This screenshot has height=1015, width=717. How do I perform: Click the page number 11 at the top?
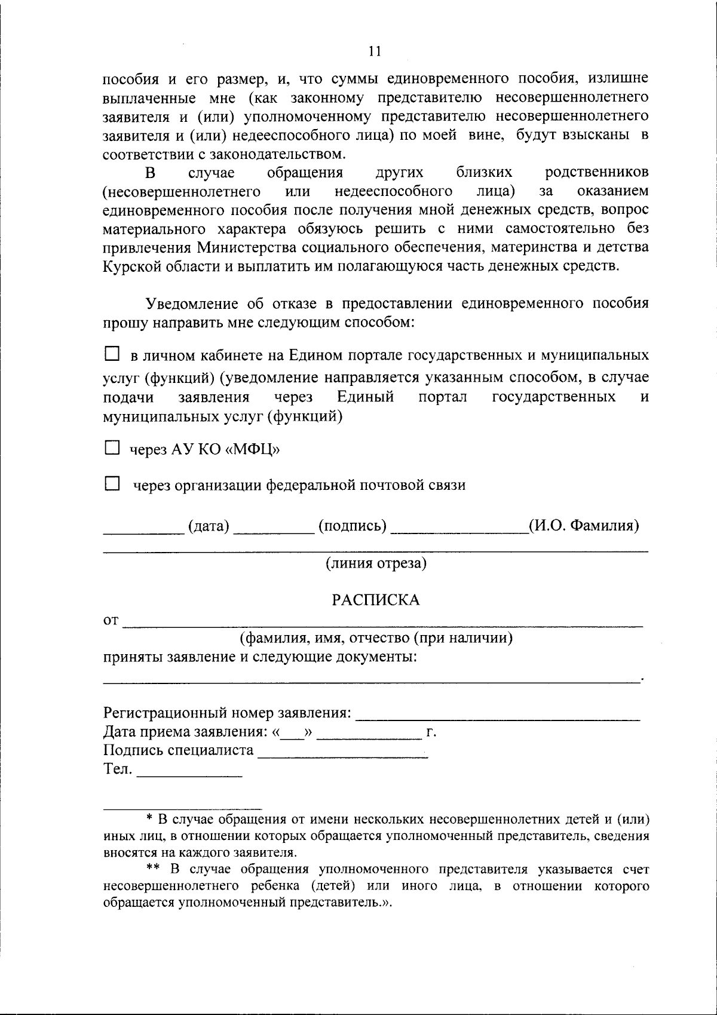click(375, 51)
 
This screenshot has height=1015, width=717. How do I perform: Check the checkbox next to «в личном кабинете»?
click(112, 354)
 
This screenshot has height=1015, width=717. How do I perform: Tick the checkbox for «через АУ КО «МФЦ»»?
click(112, 448)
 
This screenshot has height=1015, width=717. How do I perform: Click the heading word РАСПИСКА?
click(376, 600)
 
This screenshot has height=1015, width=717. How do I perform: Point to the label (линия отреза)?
click(376, 563)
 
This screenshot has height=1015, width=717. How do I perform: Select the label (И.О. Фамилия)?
click(584, 526)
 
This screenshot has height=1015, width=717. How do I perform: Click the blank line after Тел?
click(189, 774)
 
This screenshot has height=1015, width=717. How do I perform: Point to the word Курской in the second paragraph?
click(131, 266)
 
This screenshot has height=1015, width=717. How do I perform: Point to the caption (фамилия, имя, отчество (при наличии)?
click(376, 638)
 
